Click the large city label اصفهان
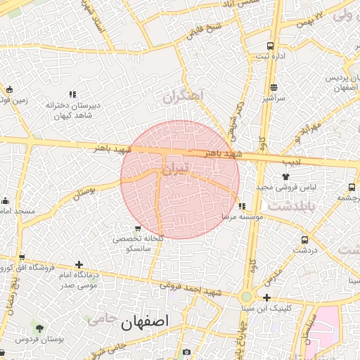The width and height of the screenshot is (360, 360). coord(146,323)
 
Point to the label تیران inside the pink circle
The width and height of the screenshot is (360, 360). coord(175,169)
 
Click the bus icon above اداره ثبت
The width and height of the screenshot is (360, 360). coord(270,46)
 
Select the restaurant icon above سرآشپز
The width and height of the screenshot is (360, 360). coord(274,88)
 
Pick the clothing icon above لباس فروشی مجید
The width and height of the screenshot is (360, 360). coord(285,176)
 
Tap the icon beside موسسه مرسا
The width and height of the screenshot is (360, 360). coord(242,207)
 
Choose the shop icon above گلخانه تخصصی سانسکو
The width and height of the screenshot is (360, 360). coord(138,229)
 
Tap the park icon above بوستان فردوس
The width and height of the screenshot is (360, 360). coord(39,328)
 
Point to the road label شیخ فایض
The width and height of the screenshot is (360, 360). coord(204,30)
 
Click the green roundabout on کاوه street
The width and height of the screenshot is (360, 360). coord(246,297)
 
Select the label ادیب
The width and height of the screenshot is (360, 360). coord(291,161)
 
